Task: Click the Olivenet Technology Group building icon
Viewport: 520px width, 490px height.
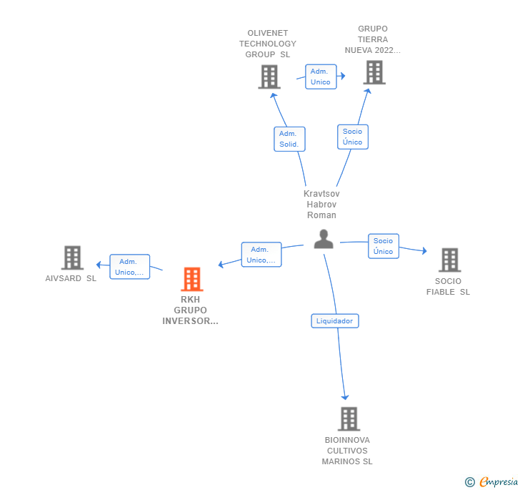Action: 269,77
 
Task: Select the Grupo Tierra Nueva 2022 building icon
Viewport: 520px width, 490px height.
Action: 374,72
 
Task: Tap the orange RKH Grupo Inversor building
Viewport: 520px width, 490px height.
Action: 191,279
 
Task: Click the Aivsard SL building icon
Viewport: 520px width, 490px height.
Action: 72,258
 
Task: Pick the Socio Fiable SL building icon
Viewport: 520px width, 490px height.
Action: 449,260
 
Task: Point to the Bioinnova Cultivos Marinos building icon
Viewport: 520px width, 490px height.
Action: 348,418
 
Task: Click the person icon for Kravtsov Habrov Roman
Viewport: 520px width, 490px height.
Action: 324,239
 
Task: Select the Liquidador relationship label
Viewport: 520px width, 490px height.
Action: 335,321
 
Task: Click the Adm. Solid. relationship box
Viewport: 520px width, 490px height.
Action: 289,139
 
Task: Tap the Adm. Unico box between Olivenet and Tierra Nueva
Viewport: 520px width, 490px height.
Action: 320,77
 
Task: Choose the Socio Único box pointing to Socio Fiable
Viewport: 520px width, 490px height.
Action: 383,246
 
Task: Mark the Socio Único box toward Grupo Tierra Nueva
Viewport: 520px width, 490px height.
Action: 352,137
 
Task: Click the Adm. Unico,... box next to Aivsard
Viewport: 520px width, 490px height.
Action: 129,267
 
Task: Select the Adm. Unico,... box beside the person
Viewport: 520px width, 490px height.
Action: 261,255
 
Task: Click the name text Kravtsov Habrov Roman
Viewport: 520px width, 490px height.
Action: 321,205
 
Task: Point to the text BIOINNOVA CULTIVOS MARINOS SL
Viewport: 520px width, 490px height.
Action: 347,451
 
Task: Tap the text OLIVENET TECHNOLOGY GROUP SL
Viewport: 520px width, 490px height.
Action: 268,44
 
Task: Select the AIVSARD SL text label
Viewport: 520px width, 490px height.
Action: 71,278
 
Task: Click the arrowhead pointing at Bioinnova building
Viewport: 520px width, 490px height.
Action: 346,397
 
